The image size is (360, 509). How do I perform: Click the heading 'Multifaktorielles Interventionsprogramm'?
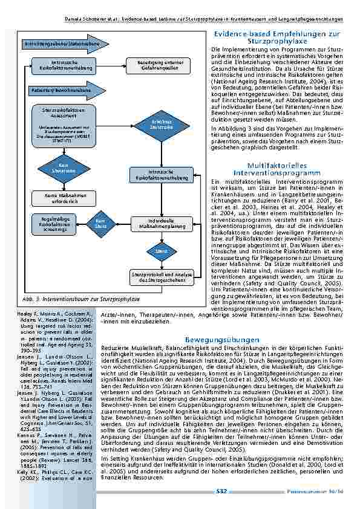(277, 169)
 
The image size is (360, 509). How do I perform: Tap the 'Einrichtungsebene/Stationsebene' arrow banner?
(63, 45)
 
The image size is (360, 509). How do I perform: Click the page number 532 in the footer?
(221, 491)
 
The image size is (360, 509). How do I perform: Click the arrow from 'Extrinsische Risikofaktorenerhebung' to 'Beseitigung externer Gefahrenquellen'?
(108, 65)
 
